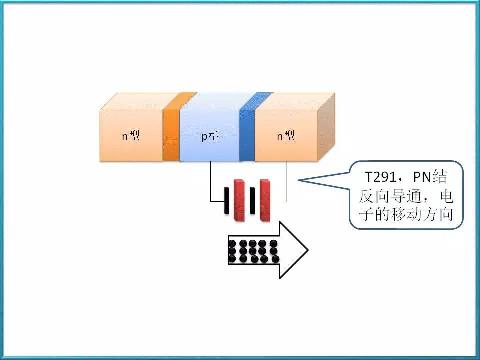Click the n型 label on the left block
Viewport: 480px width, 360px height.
tap(131, 136)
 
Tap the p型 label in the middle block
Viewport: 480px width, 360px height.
tap(210, 136)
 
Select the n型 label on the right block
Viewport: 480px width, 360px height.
tap(286, 136)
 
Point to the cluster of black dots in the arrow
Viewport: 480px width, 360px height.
tap(253, 251)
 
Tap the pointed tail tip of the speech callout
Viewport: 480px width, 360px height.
tap(298, 180)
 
